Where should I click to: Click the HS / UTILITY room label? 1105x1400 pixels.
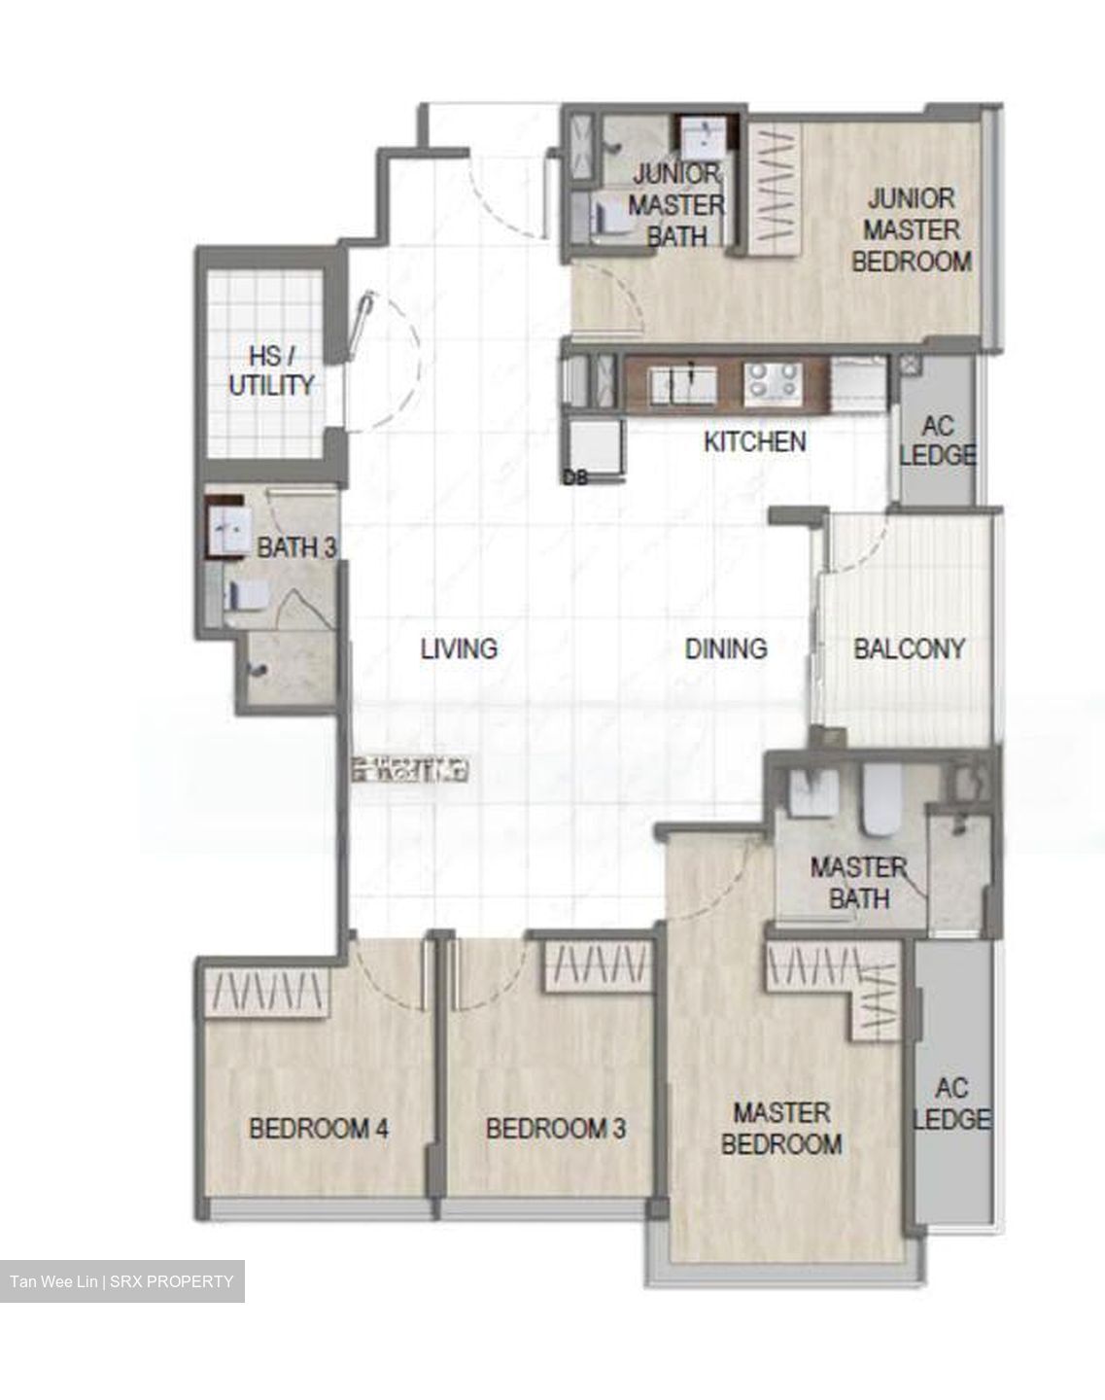270,370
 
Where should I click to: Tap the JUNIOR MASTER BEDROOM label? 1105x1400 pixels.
911,230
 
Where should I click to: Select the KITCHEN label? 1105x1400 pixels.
755,441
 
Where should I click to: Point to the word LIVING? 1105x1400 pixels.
459,647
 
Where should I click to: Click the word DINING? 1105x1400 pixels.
726,647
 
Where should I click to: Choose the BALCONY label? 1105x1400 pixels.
909,647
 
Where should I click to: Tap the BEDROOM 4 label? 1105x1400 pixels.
319,1129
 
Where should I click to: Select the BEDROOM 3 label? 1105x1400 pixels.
556,1129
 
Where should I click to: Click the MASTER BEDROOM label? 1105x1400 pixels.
781,1128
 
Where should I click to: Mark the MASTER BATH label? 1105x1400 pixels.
858,882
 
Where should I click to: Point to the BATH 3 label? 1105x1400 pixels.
295,547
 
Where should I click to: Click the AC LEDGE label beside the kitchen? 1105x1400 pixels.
937,440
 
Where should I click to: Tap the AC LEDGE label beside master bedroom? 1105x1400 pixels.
951,1103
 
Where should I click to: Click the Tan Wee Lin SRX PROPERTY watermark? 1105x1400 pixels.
122,1281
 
